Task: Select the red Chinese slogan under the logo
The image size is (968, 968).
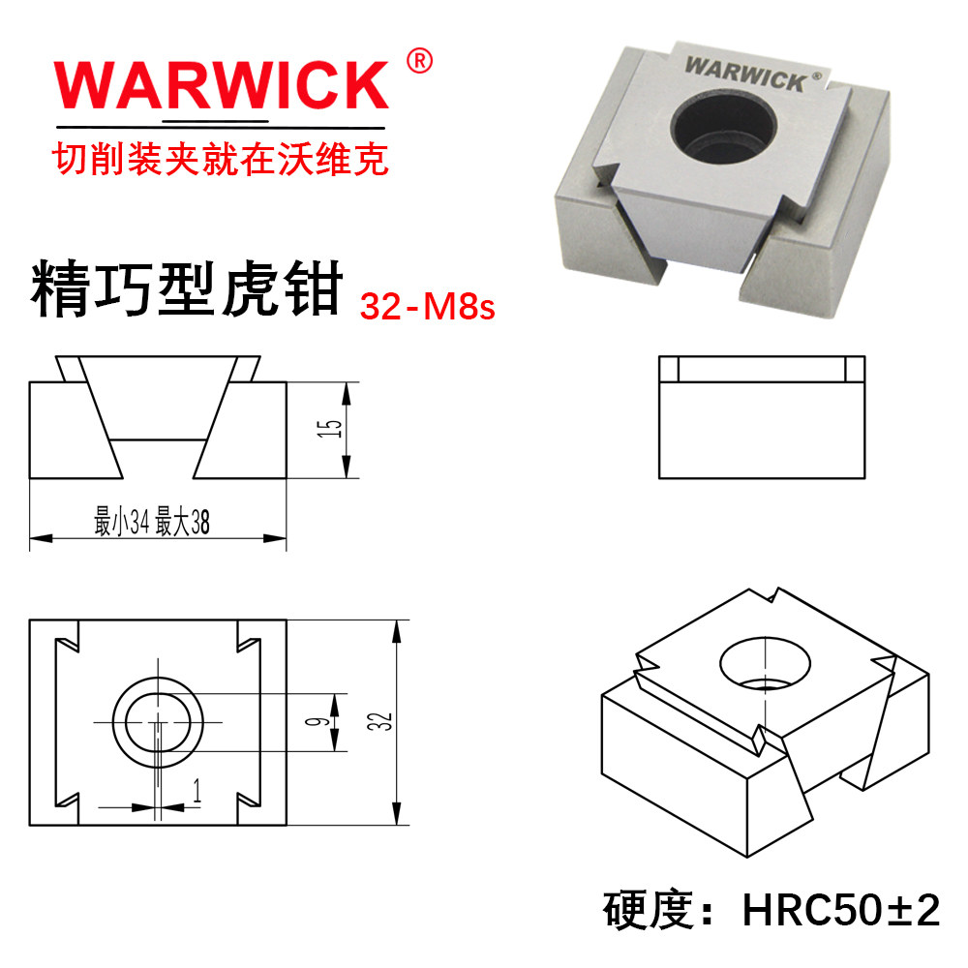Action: (x=220, y=158)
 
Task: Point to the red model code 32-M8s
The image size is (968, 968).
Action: (x=428, y=307)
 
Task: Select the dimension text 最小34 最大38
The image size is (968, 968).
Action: (x=152, y=524)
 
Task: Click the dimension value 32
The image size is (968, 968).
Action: (x=385, y=721)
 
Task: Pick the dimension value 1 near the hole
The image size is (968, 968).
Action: (x=197, y=794)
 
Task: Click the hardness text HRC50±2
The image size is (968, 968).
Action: (x=840, y=911)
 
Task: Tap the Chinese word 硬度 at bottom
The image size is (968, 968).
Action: (x=650, y=911)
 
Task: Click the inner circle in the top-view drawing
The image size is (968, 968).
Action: (x=157, y=722)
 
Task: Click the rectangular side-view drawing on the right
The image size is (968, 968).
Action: (x=761, y=417)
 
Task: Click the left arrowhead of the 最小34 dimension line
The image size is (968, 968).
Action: (x=36, y=538)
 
